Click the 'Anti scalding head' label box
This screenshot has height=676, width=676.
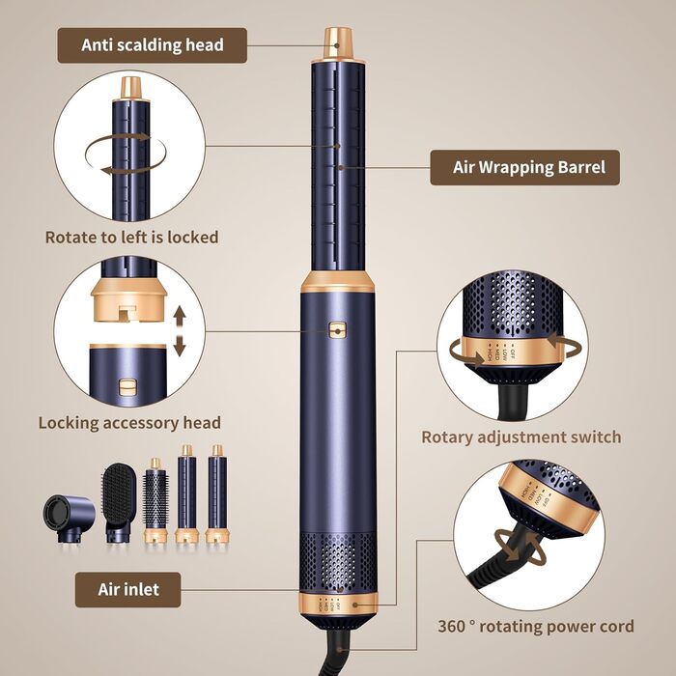[152, 44]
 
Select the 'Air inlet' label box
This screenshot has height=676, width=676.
[127, 589]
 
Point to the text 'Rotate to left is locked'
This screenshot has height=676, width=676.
[131, 237]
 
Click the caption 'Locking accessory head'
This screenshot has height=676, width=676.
[129, 422]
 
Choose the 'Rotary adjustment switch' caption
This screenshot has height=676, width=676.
[521, 437]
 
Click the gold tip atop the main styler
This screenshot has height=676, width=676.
[338, 41]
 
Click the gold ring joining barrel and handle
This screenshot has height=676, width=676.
[337, 281]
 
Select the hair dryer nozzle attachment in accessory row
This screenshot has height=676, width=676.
[68, 519]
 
